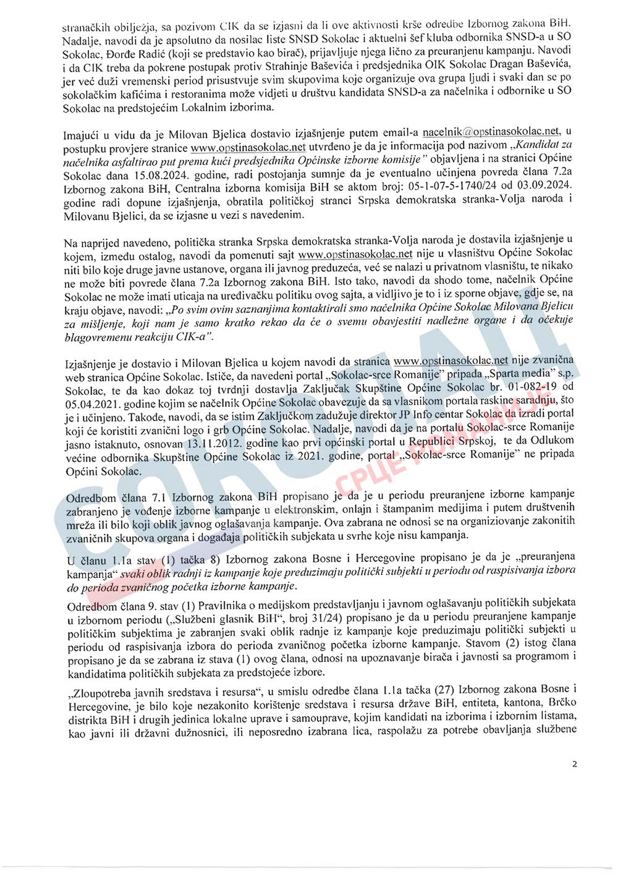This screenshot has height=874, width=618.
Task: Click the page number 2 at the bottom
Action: point(575,764)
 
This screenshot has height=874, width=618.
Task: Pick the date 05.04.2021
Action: point(91,404)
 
